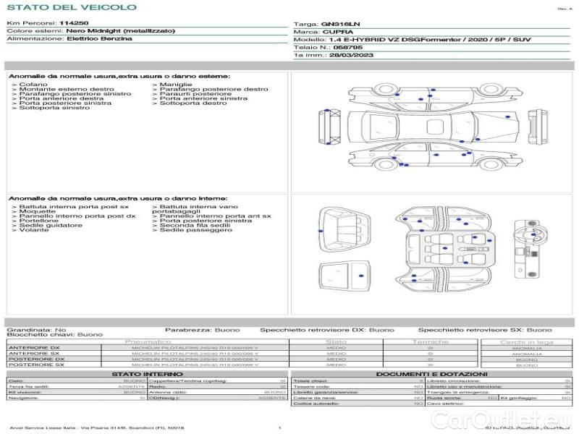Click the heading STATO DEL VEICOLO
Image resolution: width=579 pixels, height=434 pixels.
pyautogui.click(x=71, y=8)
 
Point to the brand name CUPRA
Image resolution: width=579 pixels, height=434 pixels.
pyautogui.click(x=339, y=32)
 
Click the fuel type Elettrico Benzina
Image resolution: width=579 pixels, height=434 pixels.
pyautogui.click(x=99, y=39)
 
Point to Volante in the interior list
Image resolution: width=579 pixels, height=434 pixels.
pyautogui.click(x=34, y=230)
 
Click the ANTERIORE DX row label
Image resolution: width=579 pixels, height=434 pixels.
pyautogui.click(x=34, y=348)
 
